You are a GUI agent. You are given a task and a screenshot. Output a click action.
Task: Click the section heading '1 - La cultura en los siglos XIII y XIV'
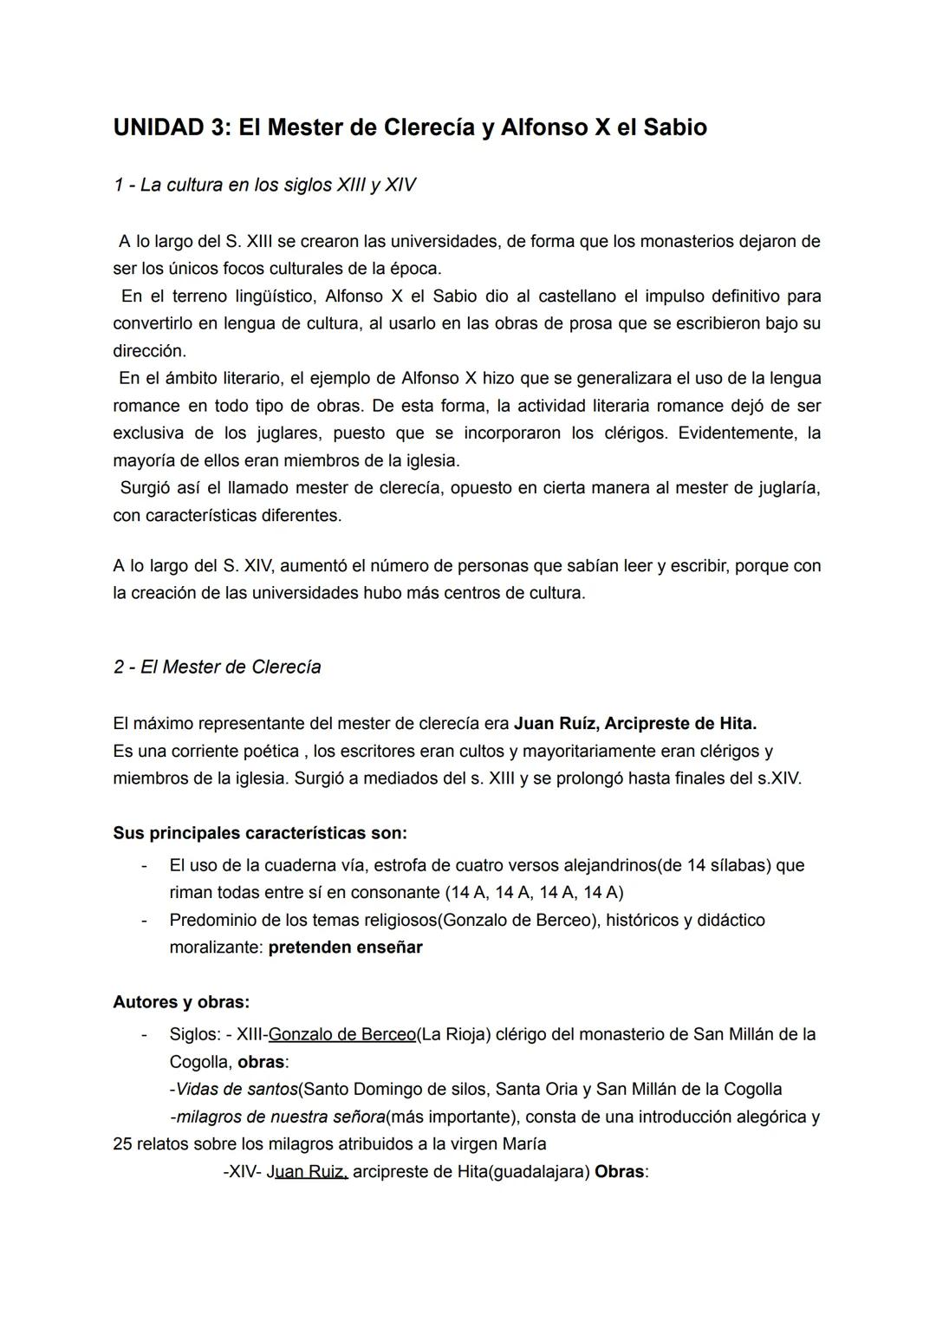pyautogui.click(x=264, y=185)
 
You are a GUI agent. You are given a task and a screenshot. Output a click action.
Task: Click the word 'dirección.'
pyautogui.click(x=149, y=351)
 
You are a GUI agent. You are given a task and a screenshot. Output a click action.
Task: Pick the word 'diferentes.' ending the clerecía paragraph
pyautogui.click(x=302, y=516)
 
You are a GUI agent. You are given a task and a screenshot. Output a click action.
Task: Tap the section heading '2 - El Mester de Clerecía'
pyautogui.click(x=217, y=667)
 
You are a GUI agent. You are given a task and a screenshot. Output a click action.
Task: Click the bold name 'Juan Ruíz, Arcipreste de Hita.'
pyautogui.click(x=634, y=723)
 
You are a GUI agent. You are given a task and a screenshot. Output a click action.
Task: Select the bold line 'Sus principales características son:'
pyautogui.click(x=260, y=833)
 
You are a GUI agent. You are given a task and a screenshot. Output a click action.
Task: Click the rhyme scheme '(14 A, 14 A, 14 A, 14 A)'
pyautogui.click(x=533, y=892)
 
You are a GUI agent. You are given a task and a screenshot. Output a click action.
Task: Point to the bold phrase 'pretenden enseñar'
pyautogui.click(x=345, y=947)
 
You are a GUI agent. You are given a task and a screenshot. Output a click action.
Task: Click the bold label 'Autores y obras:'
pyautogui.click(x=181, y=1002)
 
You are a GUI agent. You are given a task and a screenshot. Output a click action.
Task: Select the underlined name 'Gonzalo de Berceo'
pyautogui.click(x=342, y=1034)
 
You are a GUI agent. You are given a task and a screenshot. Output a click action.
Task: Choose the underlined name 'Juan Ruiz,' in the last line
pyautogui.click(x=310, y=1172)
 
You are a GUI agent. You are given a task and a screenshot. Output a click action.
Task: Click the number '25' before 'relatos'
pyautogui.click(x=123, y=1144)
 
